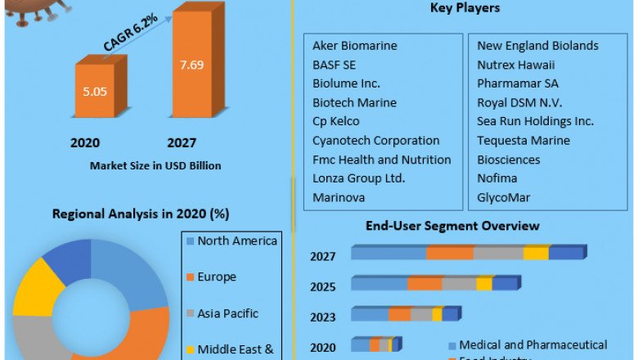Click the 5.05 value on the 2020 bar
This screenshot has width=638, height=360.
coord(96,92)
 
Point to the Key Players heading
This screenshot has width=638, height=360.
coord(465,8)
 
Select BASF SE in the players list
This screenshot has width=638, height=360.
coord(334,65)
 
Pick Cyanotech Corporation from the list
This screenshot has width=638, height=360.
coord(375,141)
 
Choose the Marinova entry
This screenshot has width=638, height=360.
coord(338,197)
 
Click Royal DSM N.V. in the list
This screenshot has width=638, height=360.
coord(520,102)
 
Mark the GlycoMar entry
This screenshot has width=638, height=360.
coord(504,197)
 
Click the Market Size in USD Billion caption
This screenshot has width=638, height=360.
coord(155,165)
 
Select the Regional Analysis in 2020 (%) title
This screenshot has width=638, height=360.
coord(141,214)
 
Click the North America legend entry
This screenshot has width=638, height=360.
coord(237,241)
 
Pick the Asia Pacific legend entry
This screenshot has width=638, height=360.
coord(227,313)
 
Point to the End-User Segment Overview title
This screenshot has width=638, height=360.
coord(452,226)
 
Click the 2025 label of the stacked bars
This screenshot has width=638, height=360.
coord(323,287)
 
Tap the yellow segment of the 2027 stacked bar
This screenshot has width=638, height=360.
coord(536,254)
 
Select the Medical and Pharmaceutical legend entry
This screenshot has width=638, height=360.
coord(532,344)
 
